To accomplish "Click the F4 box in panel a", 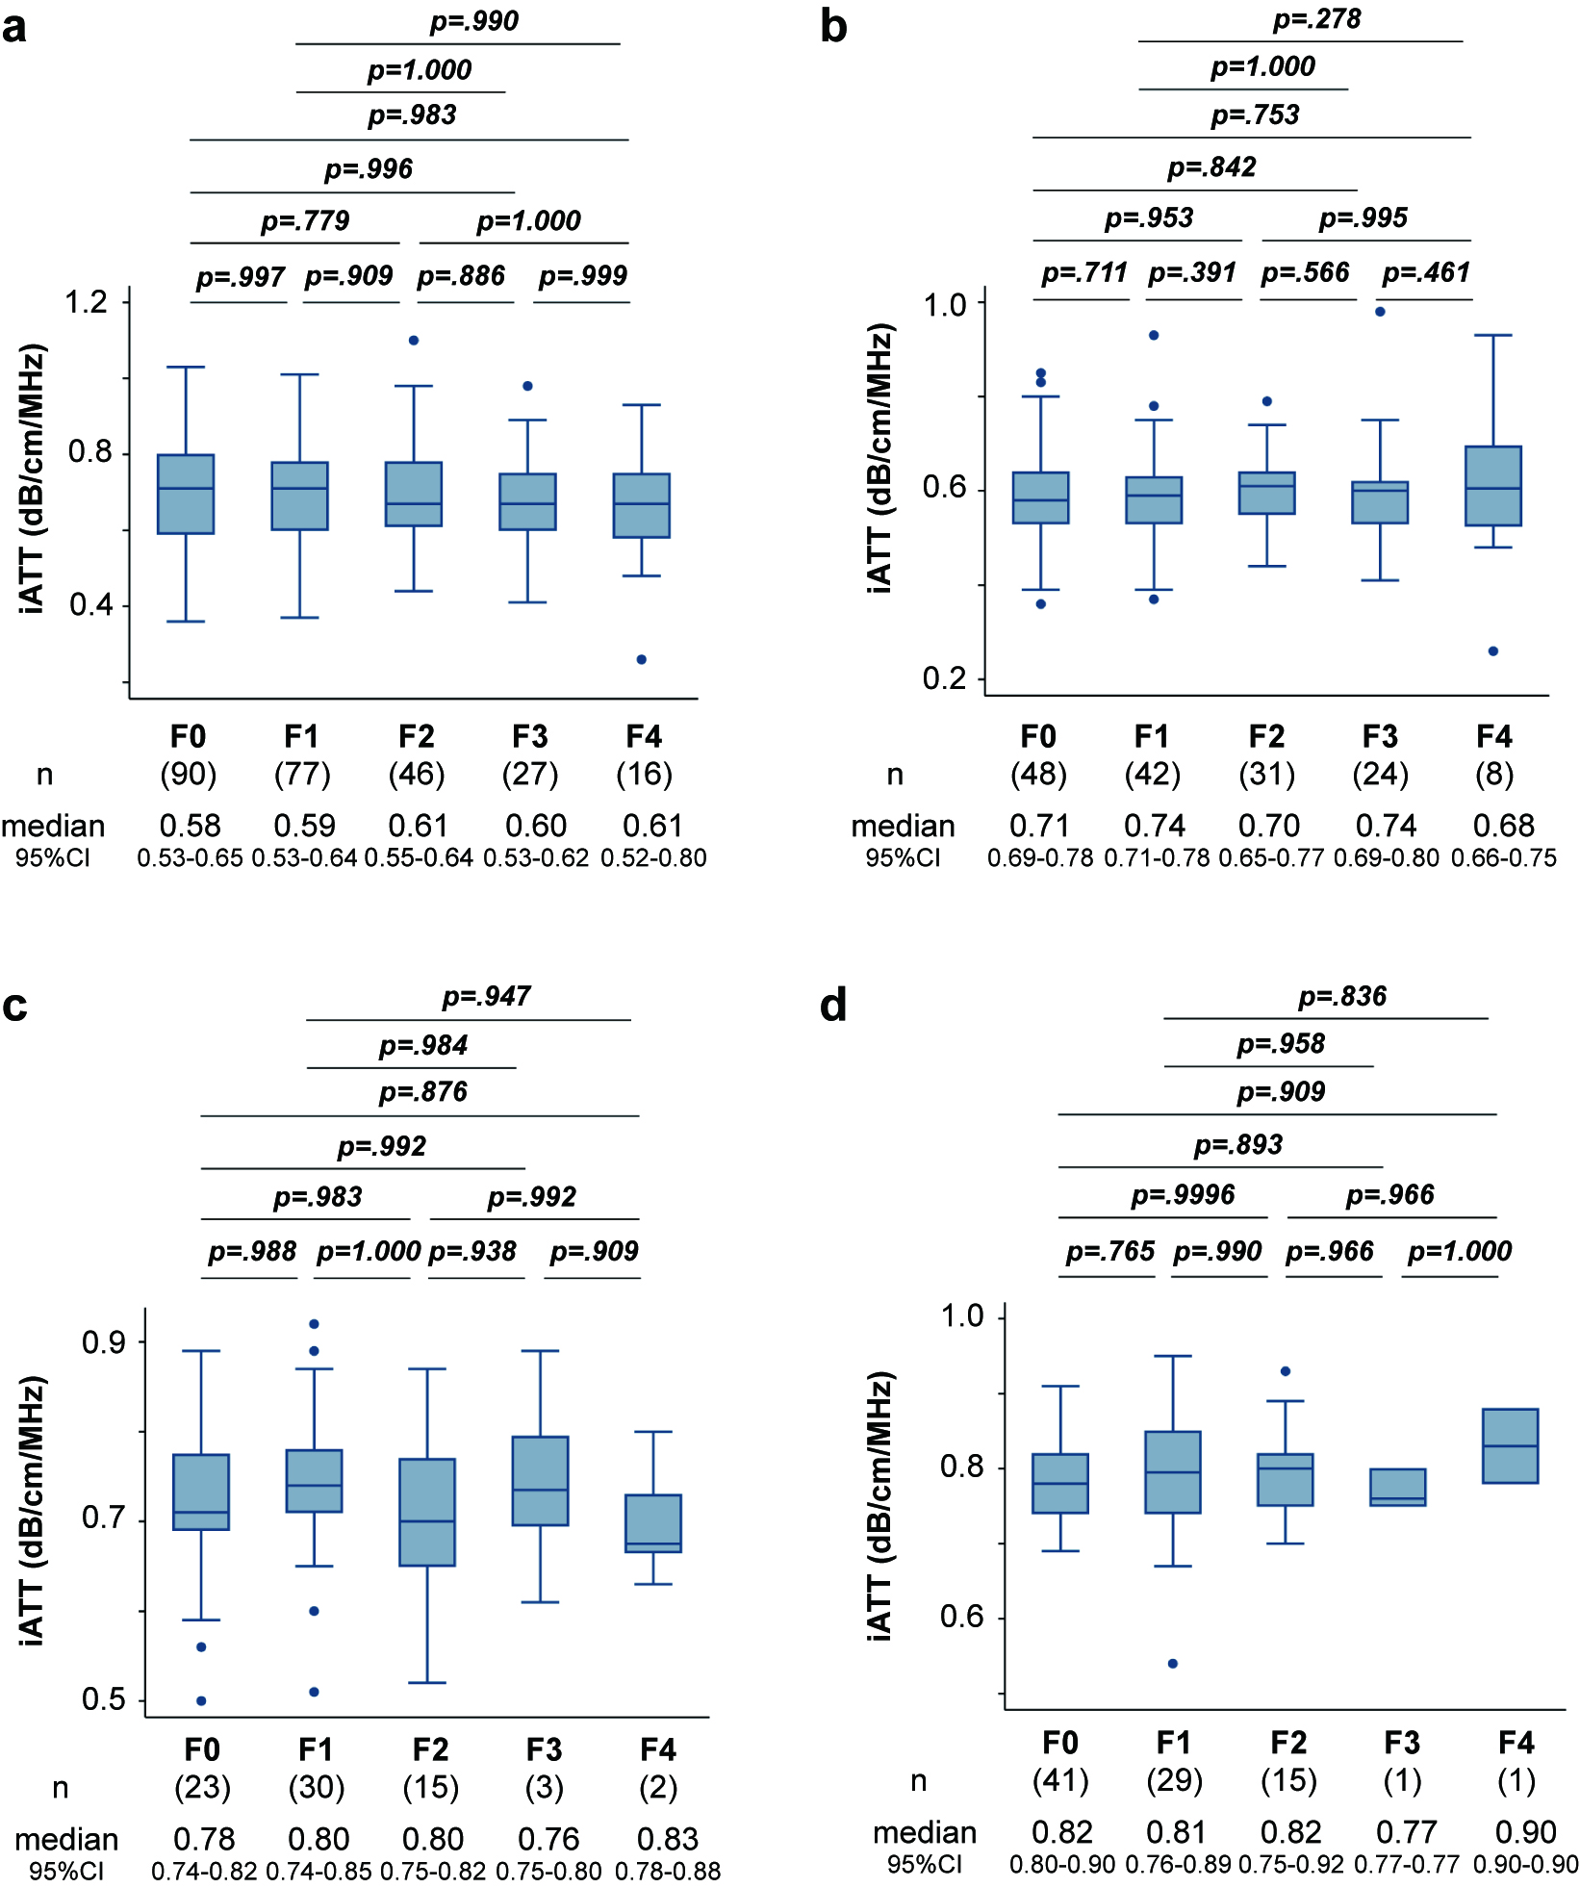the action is [642, 505].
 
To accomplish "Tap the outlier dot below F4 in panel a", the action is [642, 659].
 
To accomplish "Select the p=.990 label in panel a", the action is [474, 21].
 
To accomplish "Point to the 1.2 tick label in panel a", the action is [87, 302].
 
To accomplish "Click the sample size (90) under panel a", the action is [189, 774].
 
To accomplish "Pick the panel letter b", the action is [833, 27].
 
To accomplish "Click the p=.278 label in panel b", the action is [1317, 19].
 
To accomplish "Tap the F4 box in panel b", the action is [1493, 486].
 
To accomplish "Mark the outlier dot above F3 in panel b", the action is [1380, 311].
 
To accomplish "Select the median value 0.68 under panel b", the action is [1504, 826].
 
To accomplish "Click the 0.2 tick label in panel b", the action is [944, 678].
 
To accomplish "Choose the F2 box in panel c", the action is [427, 1512].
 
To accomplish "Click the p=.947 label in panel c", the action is [487, 996].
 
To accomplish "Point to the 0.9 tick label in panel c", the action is [104, 1342].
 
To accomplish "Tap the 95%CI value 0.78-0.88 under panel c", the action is [668, 1871].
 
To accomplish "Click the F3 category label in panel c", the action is [545, 1748].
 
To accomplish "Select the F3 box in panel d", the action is [1398, 1487].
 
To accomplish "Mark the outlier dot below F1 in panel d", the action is [1173, 1663].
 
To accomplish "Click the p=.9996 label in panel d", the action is [1184, 1195].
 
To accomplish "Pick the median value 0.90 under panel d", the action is [1526, 1832].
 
